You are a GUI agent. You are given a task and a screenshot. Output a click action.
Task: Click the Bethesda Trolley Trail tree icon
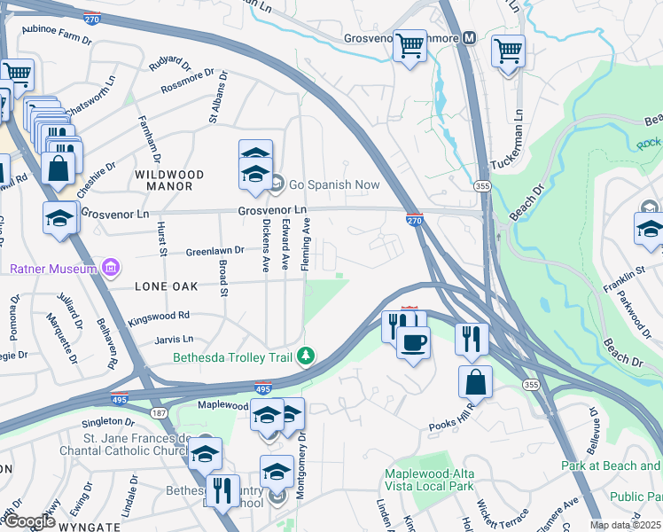(306, 356)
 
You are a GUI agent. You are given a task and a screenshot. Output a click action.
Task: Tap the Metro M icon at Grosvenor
(469, 38)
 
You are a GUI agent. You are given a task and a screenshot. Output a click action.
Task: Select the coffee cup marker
(412, 341)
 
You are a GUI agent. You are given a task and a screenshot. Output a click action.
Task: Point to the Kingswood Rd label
(159, 316)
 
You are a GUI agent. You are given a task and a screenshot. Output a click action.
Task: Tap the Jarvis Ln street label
(173, 340)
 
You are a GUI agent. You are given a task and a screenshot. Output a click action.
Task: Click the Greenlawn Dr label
(214, 252)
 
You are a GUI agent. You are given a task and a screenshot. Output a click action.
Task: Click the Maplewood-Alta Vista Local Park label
(429, 479)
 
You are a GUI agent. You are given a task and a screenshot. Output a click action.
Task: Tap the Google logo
(29, 521)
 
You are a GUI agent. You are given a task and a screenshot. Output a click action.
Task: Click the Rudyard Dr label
(170, 65)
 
